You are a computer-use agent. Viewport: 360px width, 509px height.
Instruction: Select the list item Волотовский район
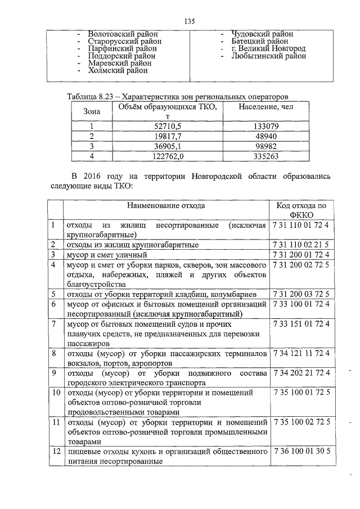pos(123,34)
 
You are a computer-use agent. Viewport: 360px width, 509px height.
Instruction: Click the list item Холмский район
pos(118,71)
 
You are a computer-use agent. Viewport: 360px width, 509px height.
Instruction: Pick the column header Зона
pos(92,111)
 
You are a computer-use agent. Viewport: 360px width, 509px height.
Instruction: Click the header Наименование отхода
pos(165,206)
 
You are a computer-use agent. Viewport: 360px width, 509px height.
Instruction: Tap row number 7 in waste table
pos(53,324)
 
